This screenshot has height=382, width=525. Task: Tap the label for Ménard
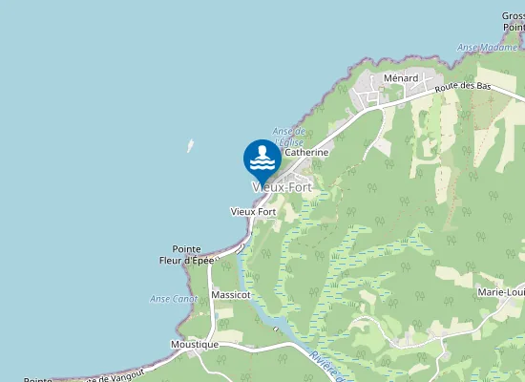point(401,78)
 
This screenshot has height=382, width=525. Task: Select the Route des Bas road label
point(462,87)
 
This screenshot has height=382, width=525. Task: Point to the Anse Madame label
point(489,48)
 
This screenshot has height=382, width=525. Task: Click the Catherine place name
point(306,152)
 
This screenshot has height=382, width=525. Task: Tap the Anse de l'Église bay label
point(288,137)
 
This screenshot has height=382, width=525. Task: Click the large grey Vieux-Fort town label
point(282,187)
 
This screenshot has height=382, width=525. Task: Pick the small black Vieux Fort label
point(253,211)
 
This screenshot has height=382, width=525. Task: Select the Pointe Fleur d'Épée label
point(186,254)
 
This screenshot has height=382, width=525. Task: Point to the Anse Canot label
point(174,299)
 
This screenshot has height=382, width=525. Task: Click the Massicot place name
point(231,295)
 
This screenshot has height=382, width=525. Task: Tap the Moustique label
point(194,344)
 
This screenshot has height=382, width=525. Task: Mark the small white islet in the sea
point(190,146)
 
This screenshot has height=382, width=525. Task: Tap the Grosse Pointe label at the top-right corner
point(513,22)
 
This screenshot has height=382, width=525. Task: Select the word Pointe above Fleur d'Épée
point(186,248)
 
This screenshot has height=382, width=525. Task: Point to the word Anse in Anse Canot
point(160,299)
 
